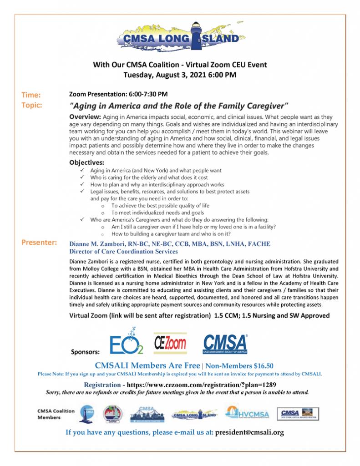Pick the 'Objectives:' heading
click(86, 162)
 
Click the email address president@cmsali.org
click(249, 432)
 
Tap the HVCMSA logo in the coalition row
click(247, 413)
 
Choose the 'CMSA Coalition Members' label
click(56, 414)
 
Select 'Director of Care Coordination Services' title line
click(123, 252)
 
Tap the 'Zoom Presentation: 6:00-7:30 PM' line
click(118, 94)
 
